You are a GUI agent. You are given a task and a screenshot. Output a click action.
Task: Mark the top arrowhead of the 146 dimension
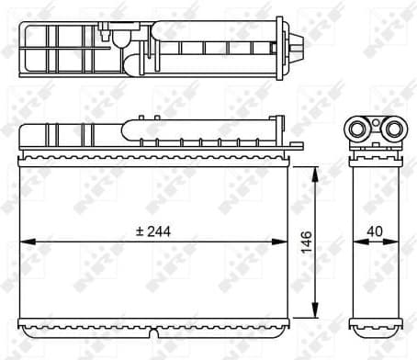point(316,171)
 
